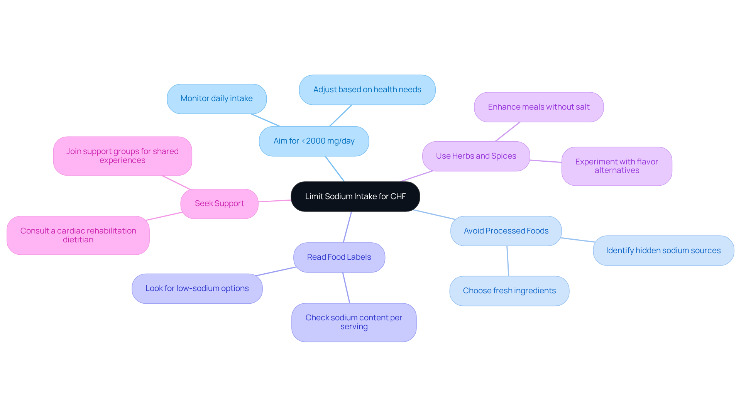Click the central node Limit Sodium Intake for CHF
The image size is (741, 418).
point(355,196)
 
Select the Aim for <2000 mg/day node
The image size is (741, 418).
point(314,141)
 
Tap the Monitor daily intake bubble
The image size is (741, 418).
point(217,99)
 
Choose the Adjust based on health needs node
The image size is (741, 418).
point(367,90)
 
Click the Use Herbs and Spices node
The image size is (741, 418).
point(476,156)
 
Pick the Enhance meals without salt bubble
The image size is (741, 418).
point(538,107)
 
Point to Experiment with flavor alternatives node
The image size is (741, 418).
point(616,166)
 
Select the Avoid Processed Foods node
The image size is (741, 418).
point(506,231)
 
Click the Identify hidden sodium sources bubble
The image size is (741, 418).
point(663,251)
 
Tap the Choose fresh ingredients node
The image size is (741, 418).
point(509,291)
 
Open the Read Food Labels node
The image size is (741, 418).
point(339,257)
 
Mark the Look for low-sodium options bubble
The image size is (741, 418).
point(197,289)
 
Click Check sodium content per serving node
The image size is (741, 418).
point(354,322)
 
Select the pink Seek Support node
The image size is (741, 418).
point(219,204)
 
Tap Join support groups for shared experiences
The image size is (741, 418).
point(122,156)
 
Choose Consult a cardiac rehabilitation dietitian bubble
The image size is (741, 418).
point(78,235)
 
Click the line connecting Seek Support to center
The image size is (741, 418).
point(274,201)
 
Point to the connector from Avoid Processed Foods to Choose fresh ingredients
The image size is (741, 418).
point(508,261)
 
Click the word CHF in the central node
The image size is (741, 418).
point(398,196)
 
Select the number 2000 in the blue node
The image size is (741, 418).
point(315,141)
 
